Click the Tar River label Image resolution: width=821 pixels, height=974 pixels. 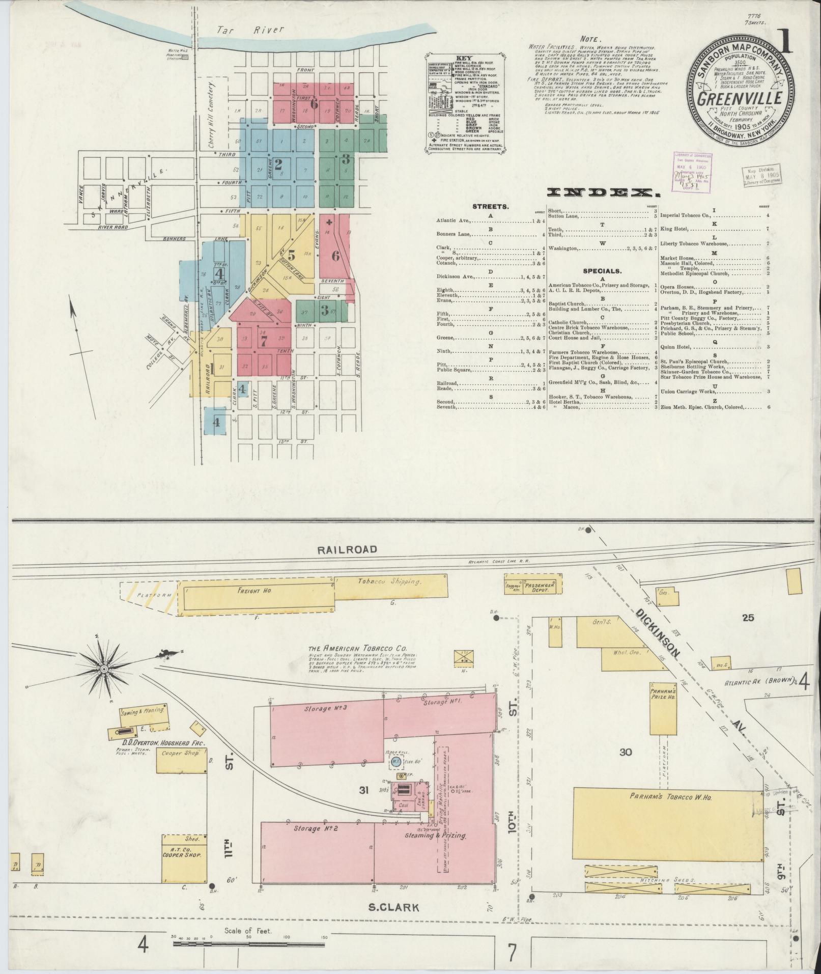[x=249, y=30]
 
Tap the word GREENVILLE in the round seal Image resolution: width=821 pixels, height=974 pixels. [x=739, y=98]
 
